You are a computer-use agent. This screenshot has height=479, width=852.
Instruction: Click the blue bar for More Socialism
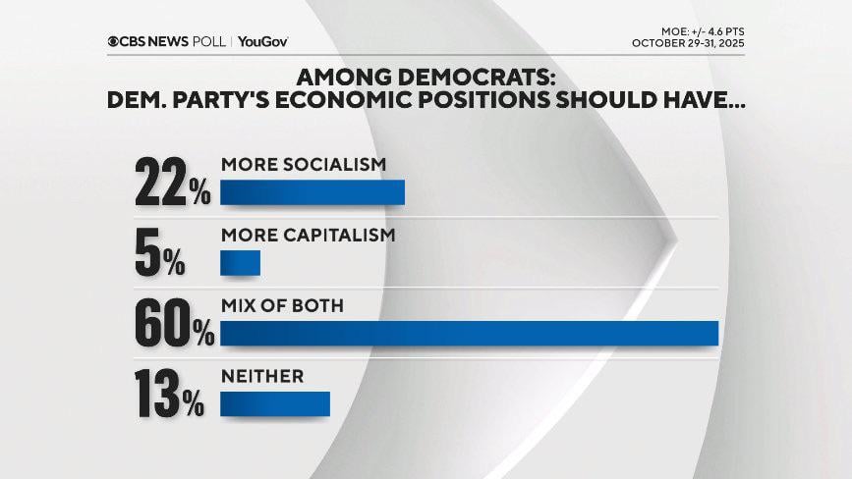coord(312,192)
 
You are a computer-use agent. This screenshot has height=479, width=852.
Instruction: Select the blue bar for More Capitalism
coord(240,263)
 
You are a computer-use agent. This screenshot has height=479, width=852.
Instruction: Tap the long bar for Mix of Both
coord(470,334)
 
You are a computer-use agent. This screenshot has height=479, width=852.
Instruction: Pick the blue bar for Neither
coord(275,403)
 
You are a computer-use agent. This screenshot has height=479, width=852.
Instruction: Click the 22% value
coord(173,184)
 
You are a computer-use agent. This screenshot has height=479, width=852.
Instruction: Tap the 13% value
coord(170,396)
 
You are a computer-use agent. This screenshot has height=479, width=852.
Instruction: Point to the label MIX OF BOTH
coord(282,306)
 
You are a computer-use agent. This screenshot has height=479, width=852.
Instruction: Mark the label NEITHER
coord(262,376)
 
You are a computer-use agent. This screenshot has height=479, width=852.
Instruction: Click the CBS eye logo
coord(114,41)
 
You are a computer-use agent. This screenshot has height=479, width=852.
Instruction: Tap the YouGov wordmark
coord(262,41)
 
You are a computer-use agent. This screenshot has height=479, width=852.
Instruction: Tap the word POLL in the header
coord(209,41)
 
